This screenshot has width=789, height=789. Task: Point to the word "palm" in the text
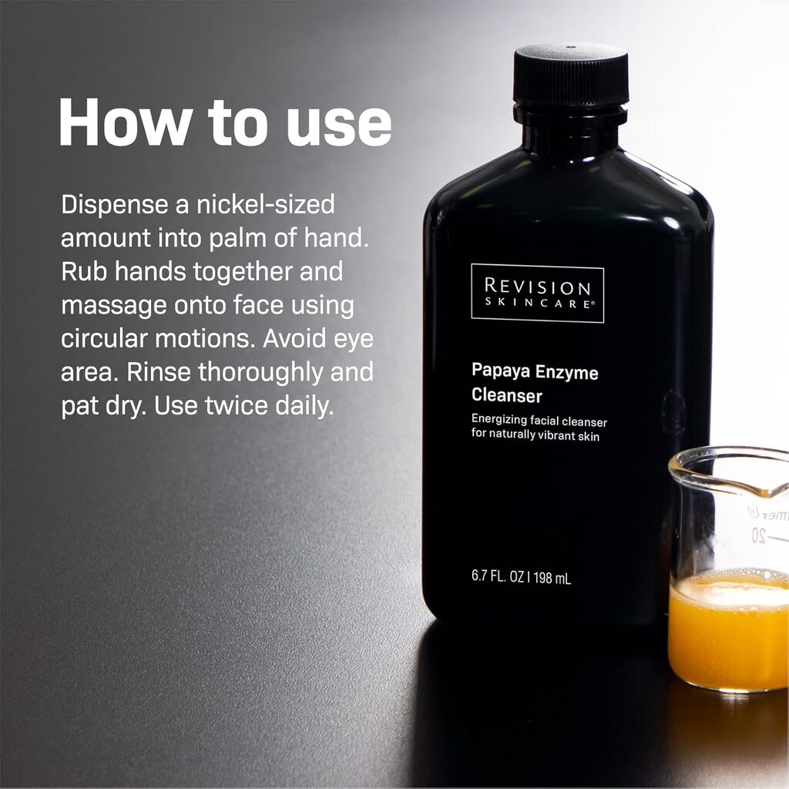click(x=237, y=238)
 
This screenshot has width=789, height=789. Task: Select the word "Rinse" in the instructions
click(x=159, y=373)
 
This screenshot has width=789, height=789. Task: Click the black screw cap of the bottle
click(x=570, y=77)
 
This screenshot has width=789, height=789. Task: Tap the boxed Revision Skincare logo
click(x=537, y=293)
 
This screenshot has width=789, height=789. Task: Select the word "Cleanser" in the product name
click(x=507, y=397)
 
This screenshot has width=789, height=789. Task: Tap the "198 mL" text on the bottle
click(x=552, y=578)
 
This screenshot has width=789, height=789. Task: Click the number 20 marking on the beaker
click(x=758, y=537)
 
